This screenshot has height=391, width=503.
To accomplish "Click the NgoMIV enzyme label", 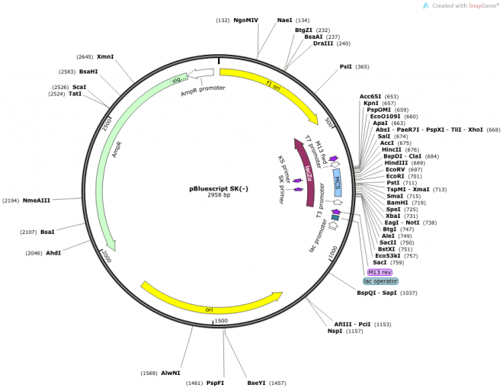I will coord(245,20).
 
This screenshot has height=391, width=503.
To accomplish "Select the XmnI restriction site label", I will coord(105,56).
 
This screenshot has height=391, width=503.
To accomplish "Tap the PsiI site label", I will coord(346,67).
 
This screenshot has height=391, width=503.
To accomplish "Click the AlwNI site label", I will coord(170,373).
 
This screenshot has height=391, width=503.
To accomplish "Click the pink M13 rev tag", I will coord(380,272).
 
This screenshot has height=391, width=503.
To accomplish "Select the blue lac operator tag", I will coord(380,281).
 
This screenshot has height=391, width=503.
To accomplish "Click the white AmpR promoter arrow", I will coord(201,74).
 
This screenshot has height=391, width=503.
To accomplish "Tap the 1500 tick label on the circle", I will coord(221,321).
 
